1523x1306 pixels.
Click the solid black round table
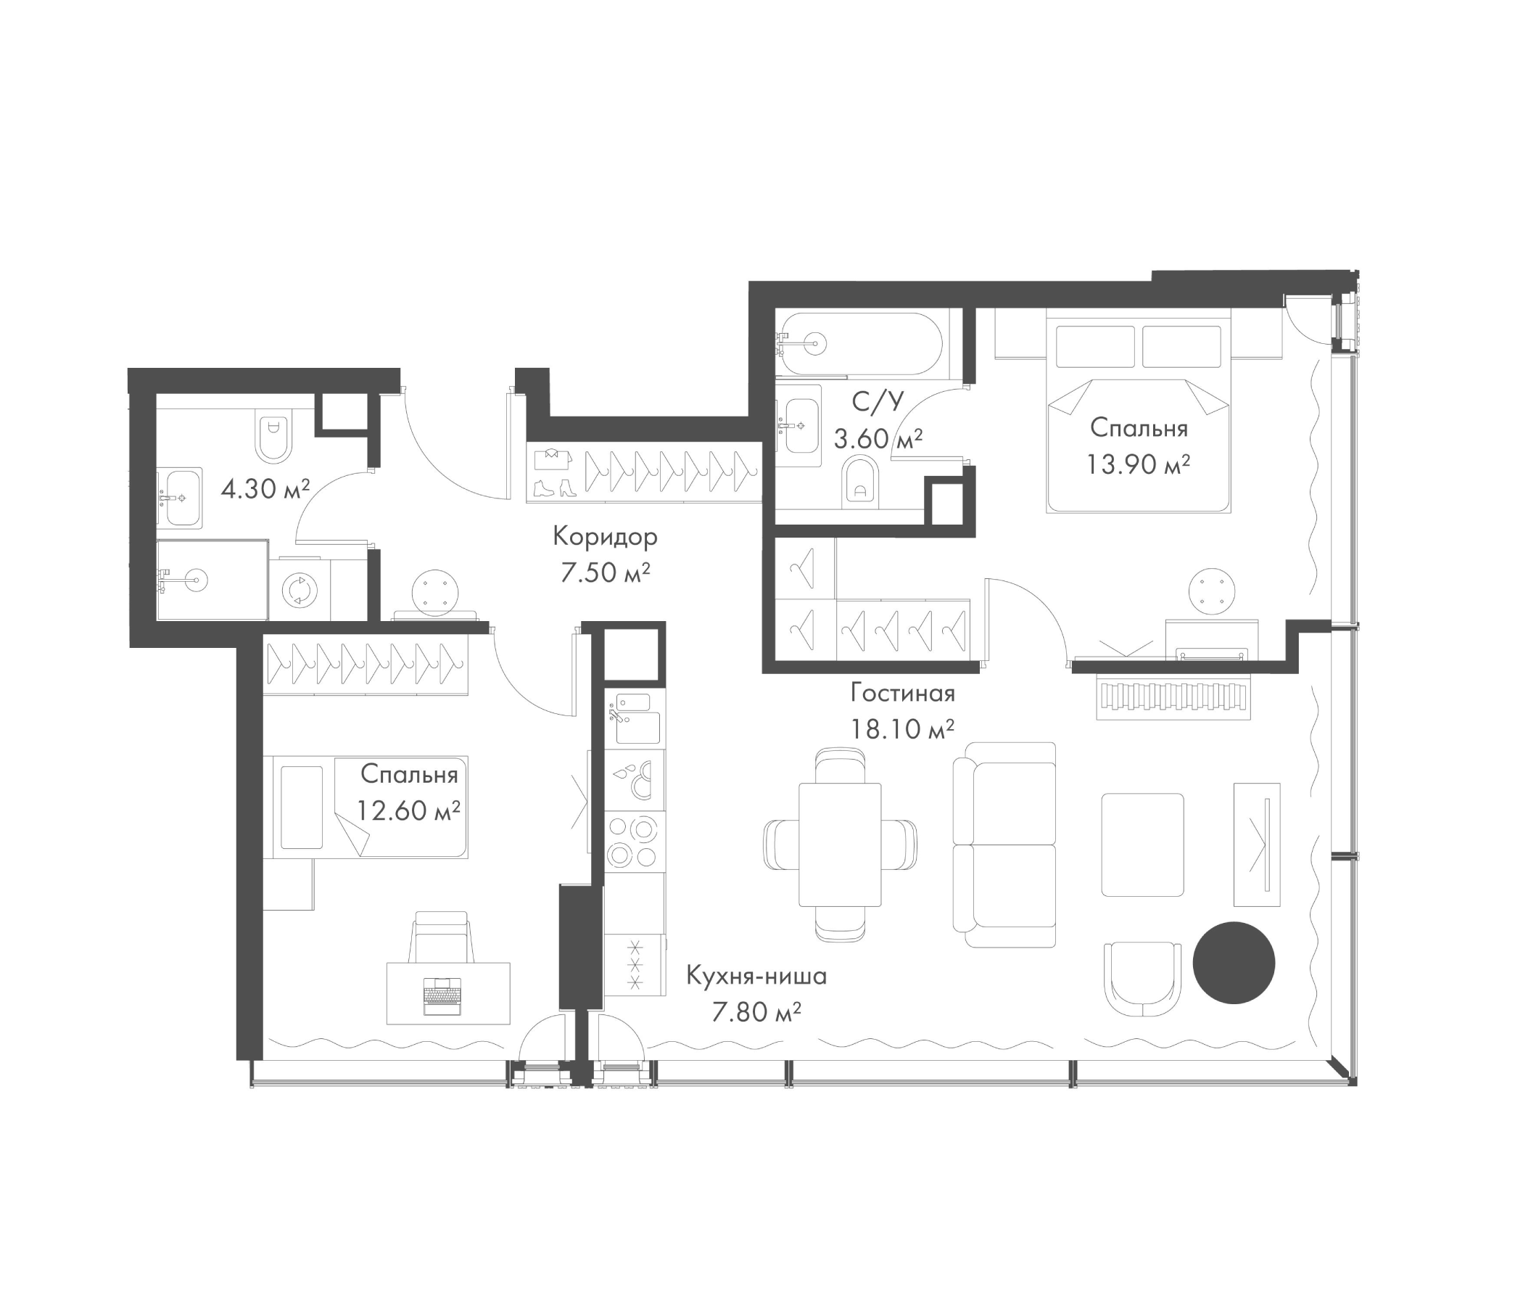(1233, 963)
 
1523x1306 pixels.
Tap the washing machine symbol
(298, 590)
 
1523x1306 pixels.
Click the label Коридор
(604, 538)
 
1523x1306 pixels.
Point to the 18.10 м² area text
(902, 729)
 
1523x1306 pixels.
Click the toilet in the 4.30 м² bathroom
(273, 437)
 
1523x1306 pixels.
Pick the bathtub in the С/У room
(860, 343)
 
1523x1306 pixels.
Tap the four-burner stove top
(633, 841)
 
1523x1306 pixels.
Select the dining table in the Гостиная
(839, 845)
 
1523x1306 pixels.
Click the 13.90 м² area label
(1138, 465)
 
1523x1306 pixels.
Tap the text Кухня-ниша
(756, 977)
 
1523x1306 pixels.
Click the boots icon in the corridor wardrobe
(553, 488)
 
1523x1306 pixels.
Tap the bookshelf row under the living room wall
(1173, 697)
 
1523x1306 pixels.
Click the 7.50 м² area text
(604, 573)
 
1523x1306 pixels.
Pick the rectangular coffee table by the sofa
(1142, 845)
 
